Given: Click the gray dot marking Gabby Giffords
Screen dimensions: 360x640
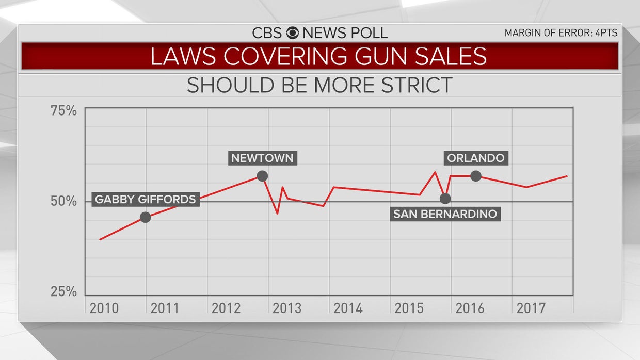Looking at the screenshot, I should (x=146, y=217).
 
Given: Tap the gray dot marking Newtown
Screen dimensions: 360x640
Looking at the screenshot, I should (x=262, y=176).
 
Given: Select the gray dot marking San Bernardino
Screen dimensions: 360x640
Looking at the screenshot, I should (x=445, y=198).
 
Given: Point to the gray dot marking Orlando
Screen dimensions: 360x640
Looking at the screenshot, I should (x=476, y=176).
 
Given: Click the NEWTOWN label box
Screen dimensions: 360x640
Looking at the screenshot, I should (x=262, y=158).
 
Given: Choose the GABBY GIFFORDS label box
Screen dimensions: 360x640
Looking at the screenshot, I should (x=146, y=199).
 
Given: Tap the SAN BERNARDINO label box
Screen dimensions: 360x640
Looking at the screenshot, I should (x=445, y=214).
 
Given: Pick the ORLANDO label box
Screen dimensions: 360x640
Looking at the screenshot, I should (x=476, y=158).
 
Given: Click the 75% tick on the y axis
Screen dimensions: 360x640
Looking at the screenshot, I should (x=63, y=110).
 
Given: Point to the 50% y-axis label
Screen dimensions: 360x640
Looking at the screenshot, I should (x=63, y=201).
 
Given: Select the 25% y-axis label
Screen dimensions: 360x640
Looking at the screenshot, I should (x=63, y=291).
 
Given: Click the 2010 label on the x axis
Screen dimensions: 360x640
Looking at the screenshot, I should (x=104, y=308).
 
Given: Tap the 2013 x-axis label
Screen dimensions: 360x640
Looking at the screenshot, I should (x=287, y=308).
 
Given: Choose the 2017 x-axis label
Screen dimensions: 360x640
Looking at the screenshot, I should (x=531, y=308).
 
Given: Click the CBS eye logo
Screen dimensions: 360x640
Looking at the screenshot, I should (x=292, y=33).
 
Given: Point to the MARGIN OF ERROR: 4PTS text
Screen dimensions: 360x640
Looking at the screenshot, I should (x=561, y=33).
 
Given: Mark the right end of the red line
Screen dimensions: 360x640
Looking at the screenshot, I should (x=567, y=176).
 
